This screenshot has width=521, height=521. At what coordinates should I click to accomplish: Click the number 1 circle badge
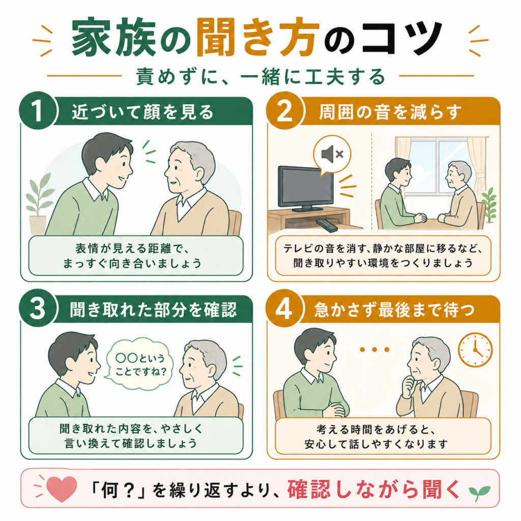click(38, 111)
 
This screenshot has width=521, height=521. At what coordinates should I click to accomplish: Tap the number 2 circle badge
click(285, 111)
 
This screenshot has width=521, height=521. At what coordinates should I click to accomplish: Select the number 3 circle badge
click(38, 308)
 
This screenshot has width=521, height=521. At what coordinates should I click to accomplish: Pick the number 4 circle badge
click(285, 308)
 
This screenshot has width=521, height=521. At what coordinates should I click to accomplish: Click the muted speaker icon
click(332, 154)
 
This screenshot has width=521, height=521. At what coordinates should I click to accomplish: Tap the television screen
click(305, 186)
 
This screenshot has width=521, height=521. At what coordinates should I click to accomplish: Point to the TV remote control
click(326, 224)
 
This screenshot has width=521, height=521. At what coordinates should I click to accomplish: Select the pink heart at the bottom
click(62, 488)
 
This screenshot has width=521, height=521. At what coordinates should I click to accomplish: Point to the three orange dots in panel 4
click(374, 350)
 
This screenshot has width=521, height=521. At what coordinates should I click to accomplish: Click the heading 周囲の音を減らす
click(390, 112)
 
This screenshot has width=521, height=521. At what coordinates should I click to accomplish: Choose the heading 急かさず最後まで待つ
click(394, 310)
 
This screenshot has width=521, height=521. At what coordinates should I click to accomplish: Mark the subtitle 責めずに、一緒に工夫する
click(260, 76)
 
